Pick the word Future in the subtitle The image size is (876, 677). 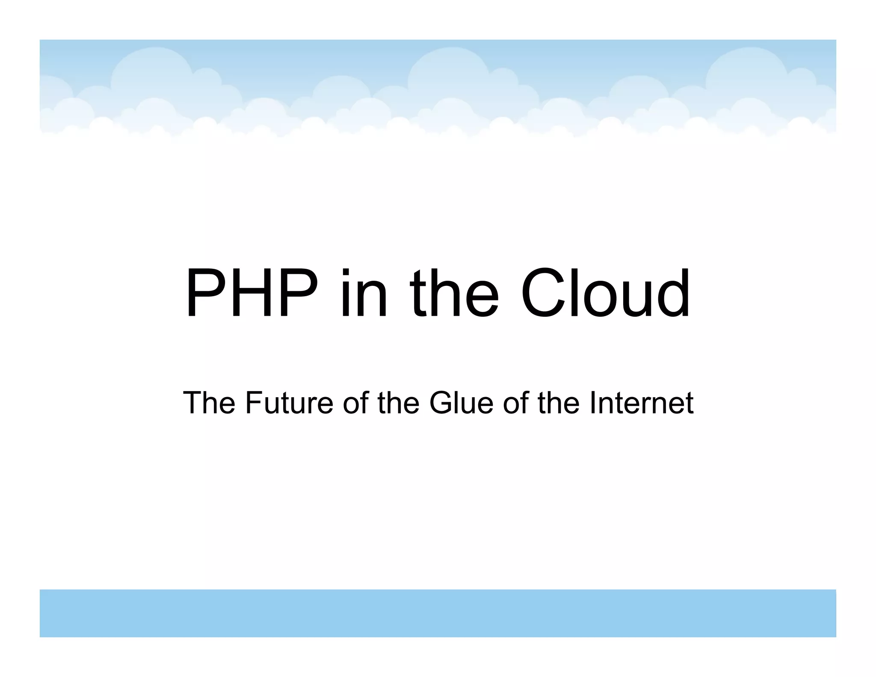tap(289, 403)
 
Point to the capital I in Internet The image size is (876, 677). tap(592, 403)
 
